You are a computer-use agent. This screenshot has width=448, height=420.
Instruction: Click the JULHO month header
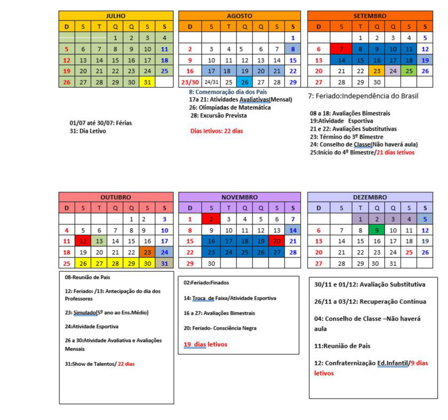tap(115, 16)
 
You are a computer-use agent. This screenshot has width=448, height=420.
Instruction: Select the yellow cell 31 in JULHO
tap(147, 82)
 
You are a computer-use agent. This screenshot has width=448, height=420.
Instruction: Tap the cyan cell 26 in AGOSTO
tap(245, 82)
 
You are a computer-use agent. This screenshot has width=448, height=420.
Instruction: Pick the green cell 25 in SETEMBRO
tap(409, 71)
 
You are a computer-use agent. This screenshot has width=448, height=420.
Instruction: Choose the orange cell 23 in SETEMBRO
tap(376, 71)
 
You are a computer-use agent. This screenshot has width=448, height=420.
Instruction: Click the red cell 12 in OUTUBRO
tap(83, 241)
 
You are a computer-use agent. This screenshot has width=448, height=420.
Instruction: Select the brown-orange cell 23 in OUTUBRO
tap(147, 252)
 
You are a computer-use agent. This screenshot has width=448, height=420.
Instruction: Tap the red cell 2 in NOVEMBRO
tap(211, 219)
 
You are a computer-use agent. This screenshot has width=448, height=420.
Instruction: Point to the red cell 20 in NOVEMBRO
tap(276, 241)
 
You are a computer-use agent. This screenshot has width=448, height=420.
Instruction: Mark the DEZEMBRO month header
tap(370, 197)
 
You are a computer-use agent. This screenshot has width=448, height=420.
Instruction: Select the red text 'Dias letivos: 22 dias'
tap(217, 131)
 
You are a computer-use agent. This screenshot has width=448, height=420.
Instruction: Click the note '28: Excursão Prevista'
tap(219, 115)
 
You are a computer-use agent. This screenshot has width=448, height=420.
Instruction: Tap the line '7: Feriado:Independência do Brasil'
tap(363, 95)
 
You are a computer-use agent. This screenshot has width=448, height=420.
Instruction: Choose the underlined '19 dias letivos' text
tap(205, 344)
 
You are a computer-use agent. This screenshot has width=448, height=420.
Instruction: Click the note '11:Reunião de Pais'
tap(342, 346)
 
